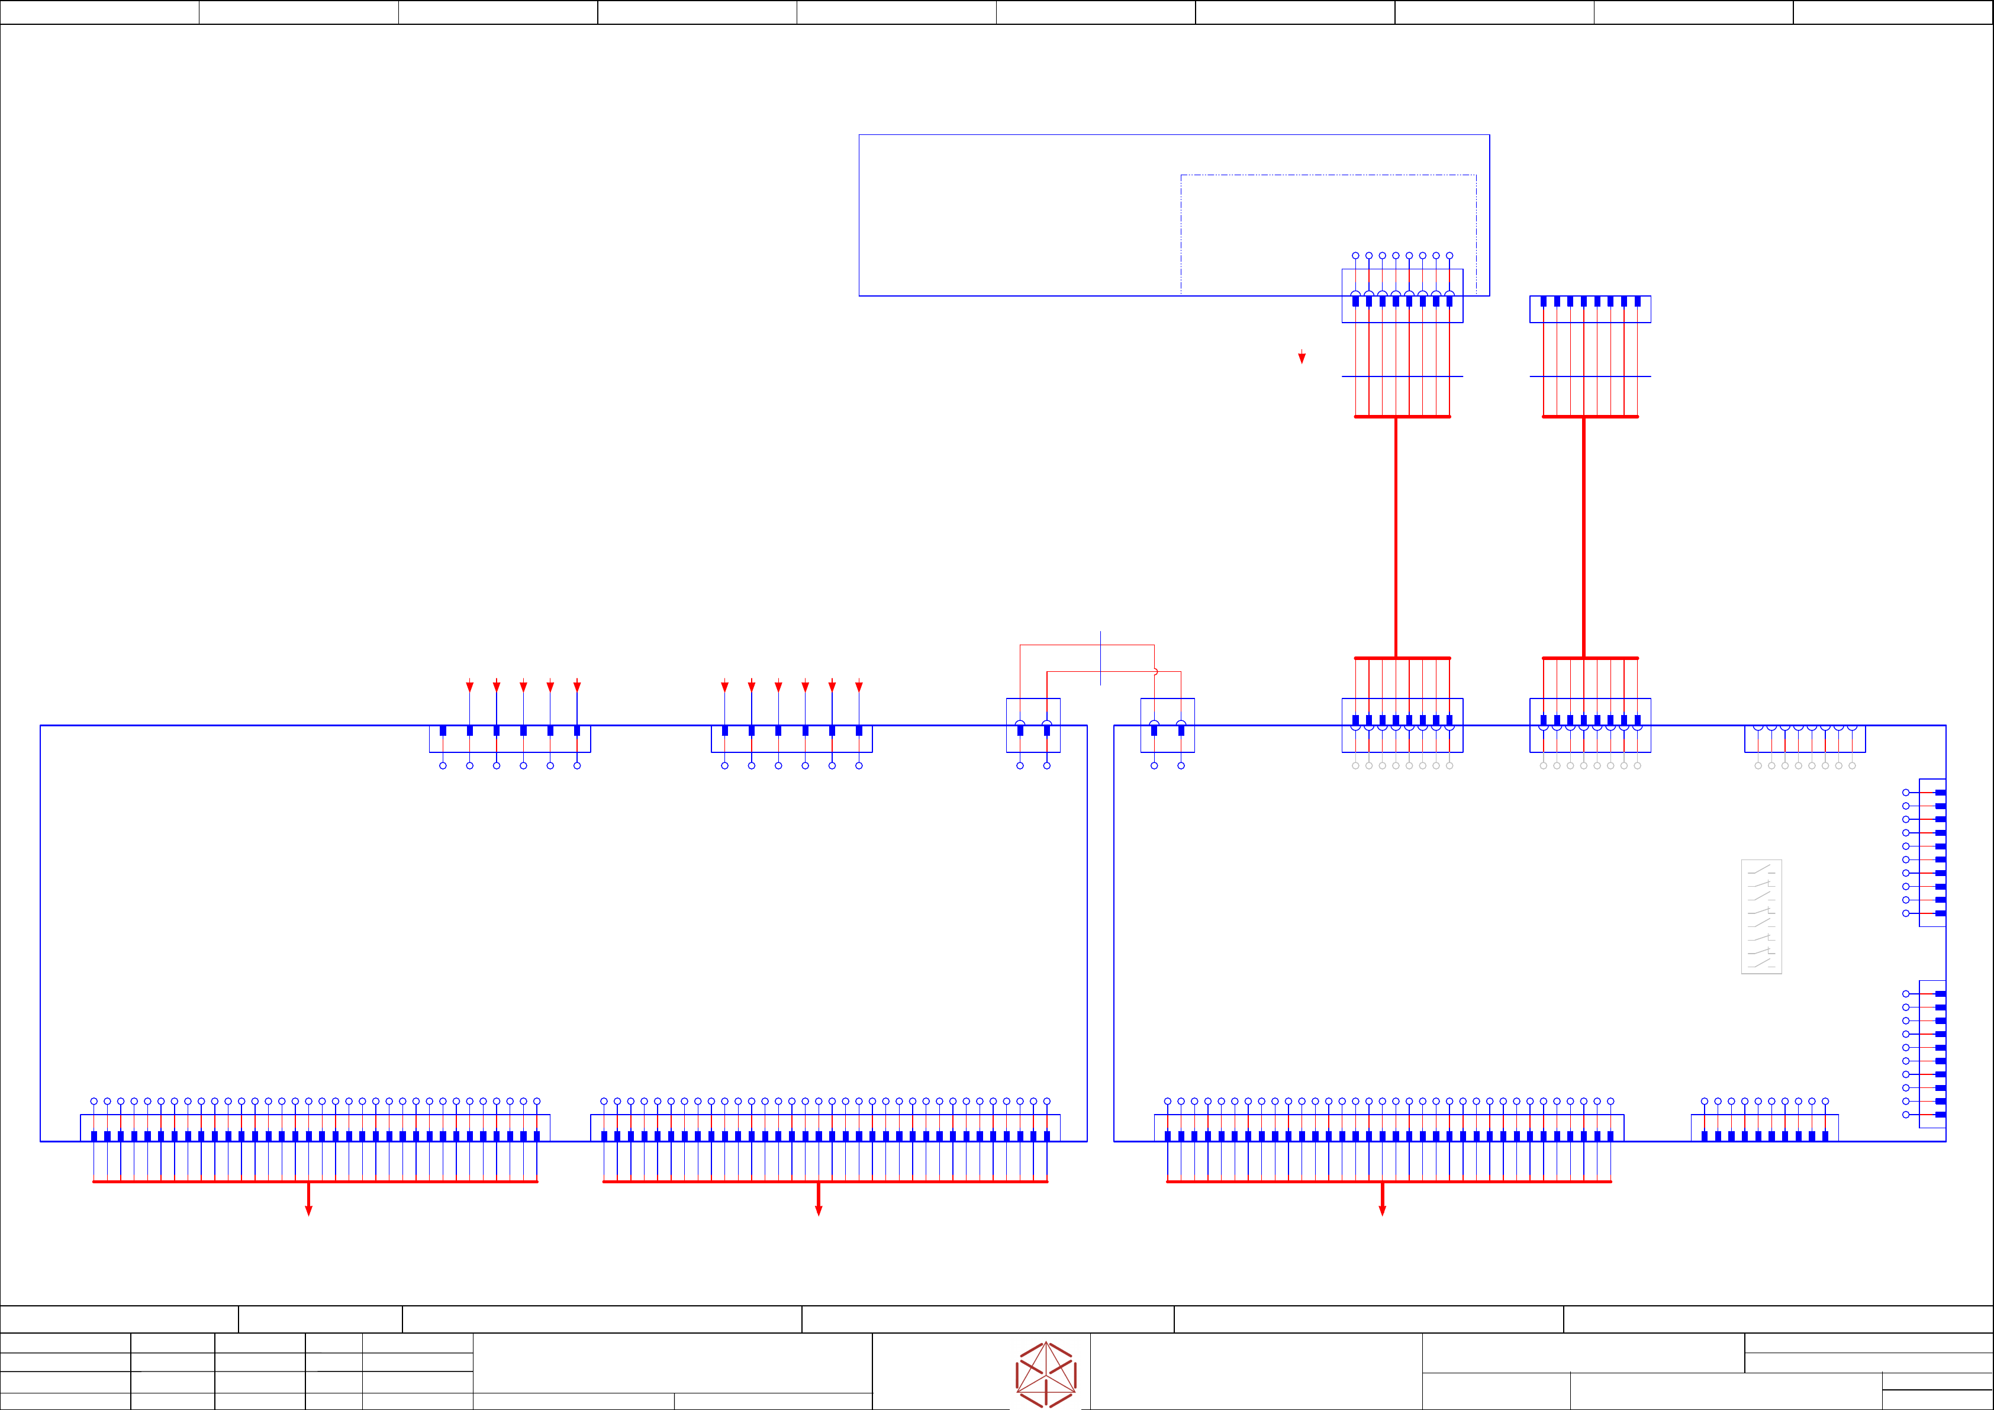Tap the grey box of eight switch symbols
1761,916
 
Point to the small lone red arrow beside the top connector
1302,357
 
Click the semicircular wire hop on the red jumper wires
1156,671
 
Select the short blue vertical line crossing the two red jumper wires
1100,658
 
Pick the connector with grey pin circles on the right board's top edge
1805,739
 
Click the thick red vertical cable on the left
1396,537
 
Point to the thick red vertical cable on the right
1583,537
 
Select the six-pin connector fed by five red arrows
510,739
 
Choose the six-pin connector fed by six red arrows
791,739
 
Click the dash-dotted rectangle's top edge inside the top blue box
1328,175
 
